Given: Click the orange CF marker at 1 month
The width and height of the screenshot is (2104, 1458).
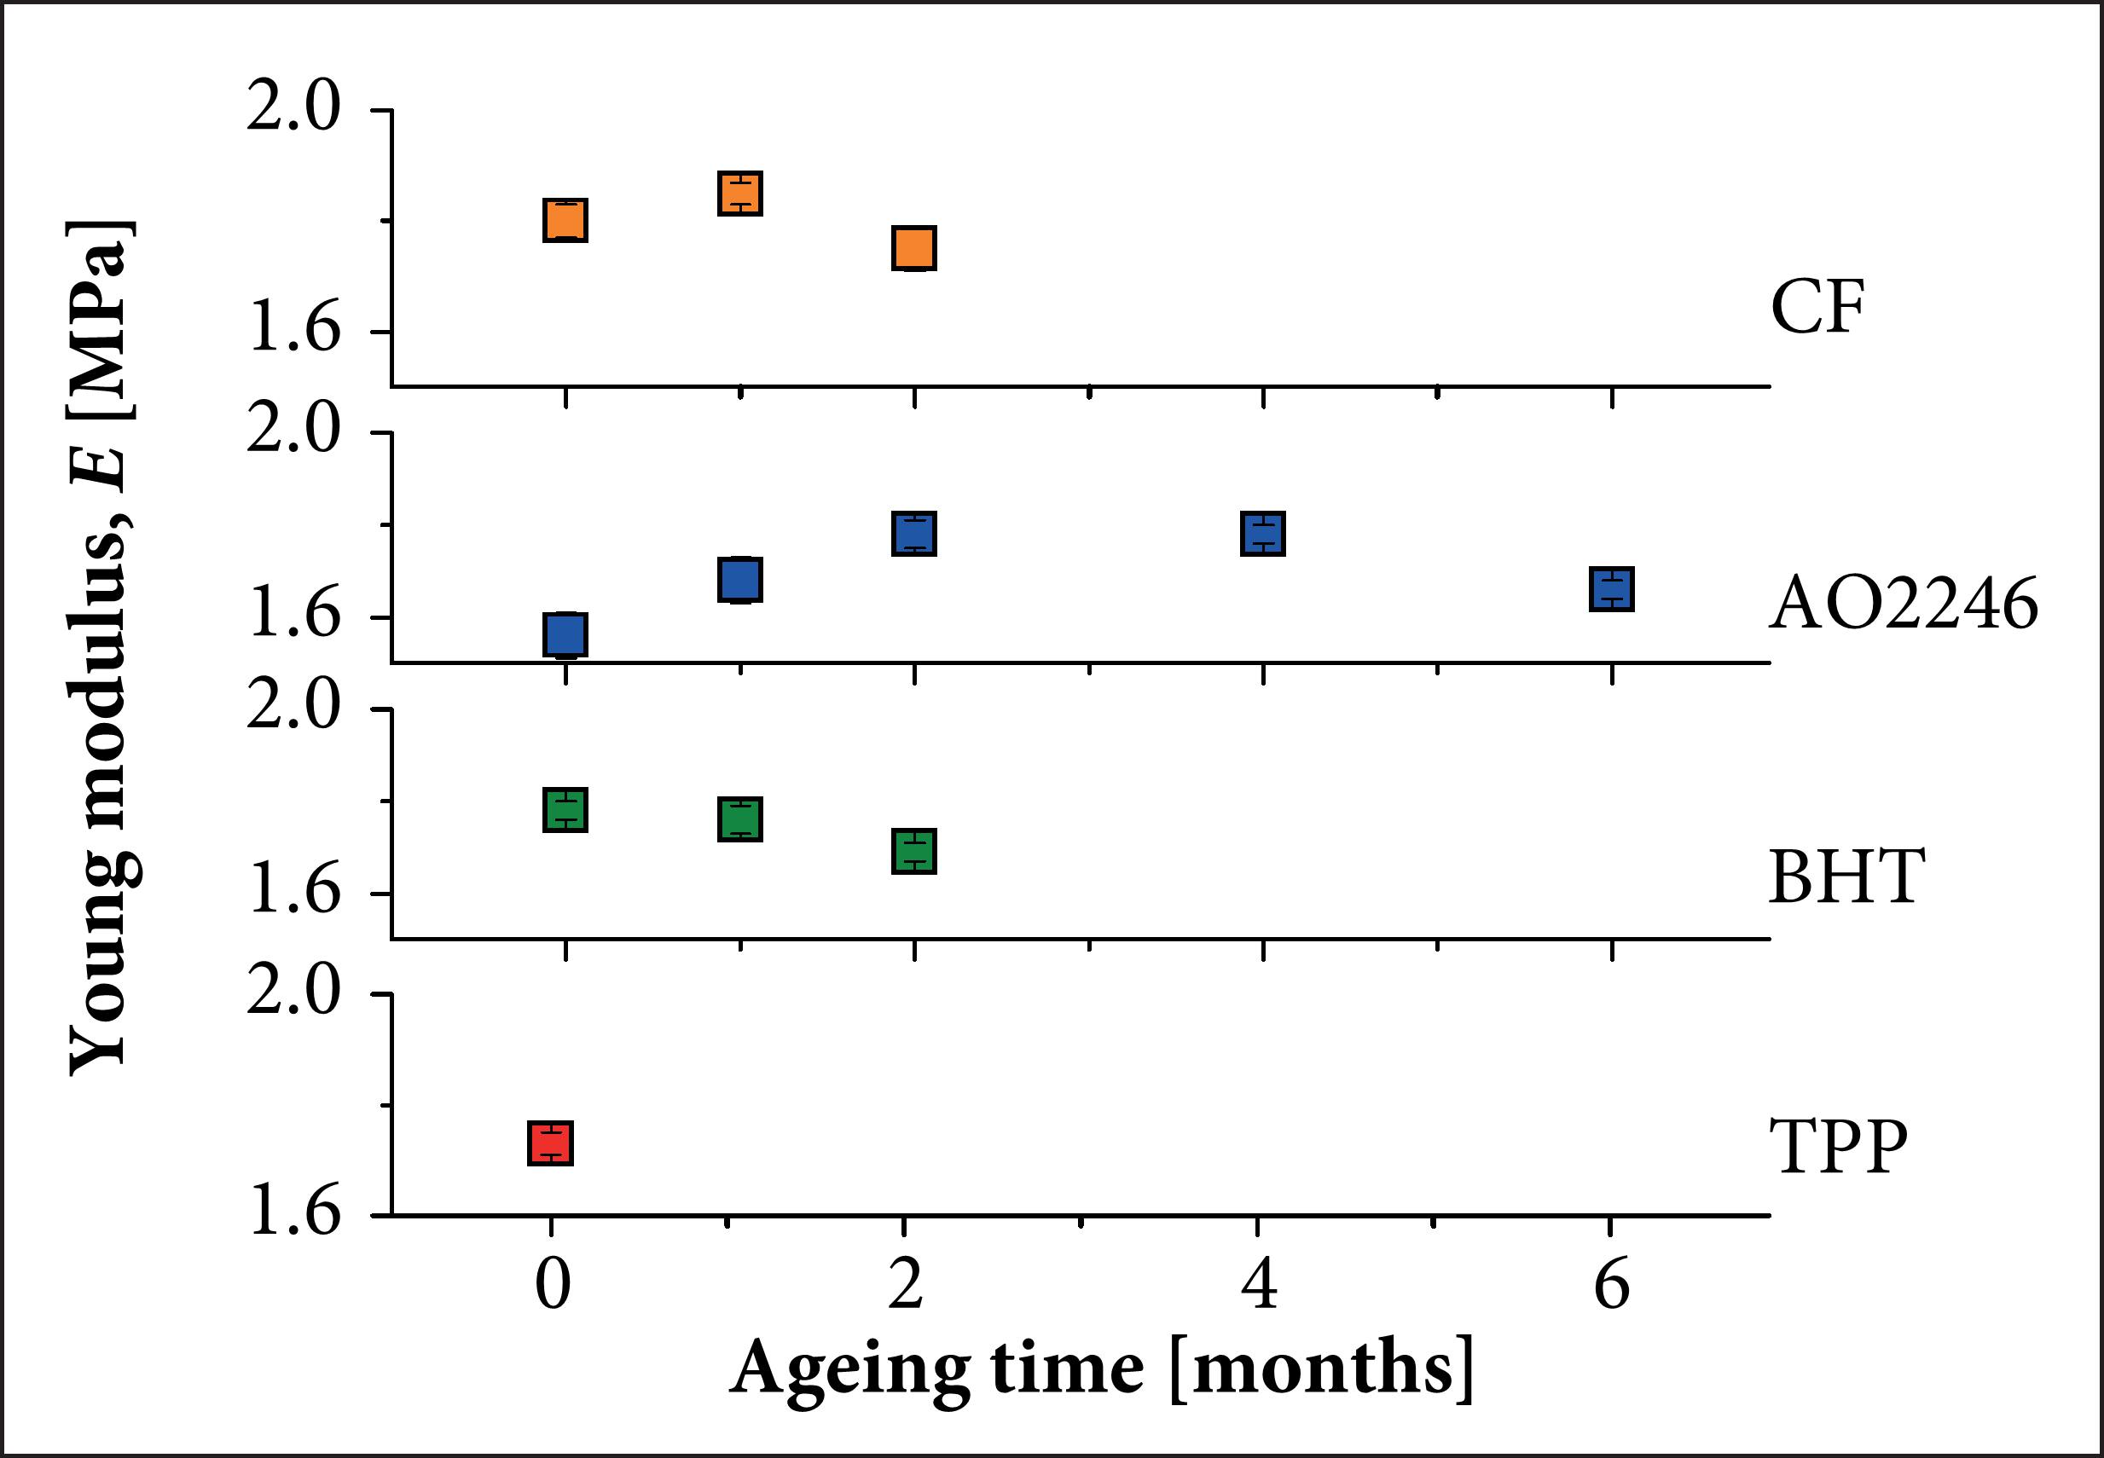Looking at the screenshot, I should pyautogui.click(x=740, y=193).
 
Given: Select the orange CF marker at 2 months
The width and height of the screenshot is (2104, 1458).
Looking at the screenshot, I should pyautogui.click(x=913, y=247).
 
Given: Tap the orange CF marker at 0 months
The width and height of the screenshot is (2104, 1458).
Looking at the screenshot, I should pyautogui.click(x=565, y=220).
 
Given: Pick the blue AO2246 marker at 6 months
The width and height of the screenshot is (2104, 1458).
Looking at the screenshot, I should pyautogui.click(x=1612, y=589).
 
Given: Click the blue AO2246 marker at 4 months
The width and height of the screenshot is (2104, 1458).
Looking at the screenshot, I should pyautogui.click(x=1262, y=534).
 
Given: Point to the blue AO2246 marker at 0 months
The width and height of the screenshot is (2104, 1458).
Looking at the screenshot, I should pyautogui.click(x=565, y=635).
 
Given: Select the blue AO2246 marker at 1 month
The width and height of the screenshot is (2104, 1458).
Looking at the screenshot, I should pyautogui.click(x=740, y=579).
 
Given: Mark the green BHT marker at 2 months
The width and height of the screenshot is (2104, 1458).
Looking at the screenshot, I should pyautogui.click(x=913, y=852).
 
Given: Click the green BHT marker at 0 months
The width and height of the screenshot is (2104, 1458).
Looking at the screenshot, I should pyautogui.click(x=565, y=809).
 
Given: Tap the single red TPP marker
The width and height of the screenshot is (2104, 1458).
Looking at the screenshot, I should pyautogui.click(x=550, y=1143).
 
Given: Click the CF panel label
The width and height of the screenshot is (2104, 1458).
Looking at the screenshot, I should pyautogui.click(x=1817, y=308).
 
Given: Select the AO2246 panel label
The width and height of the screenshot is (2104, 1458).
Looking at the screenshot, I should pyautogui.click(x=1903, y=604).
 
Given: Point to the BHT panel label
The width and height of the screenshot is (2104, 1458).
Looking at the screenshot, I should pyautogui.click(x=1846, y=877).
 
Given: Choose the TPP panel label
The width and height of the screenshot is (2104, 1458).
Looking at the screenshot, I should pyautogui.click(x=1838, y=1147).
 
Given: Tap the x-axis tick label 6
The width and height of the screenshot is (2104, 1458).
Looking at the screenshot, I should pyautogui.click(x=1612, y=1287).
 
